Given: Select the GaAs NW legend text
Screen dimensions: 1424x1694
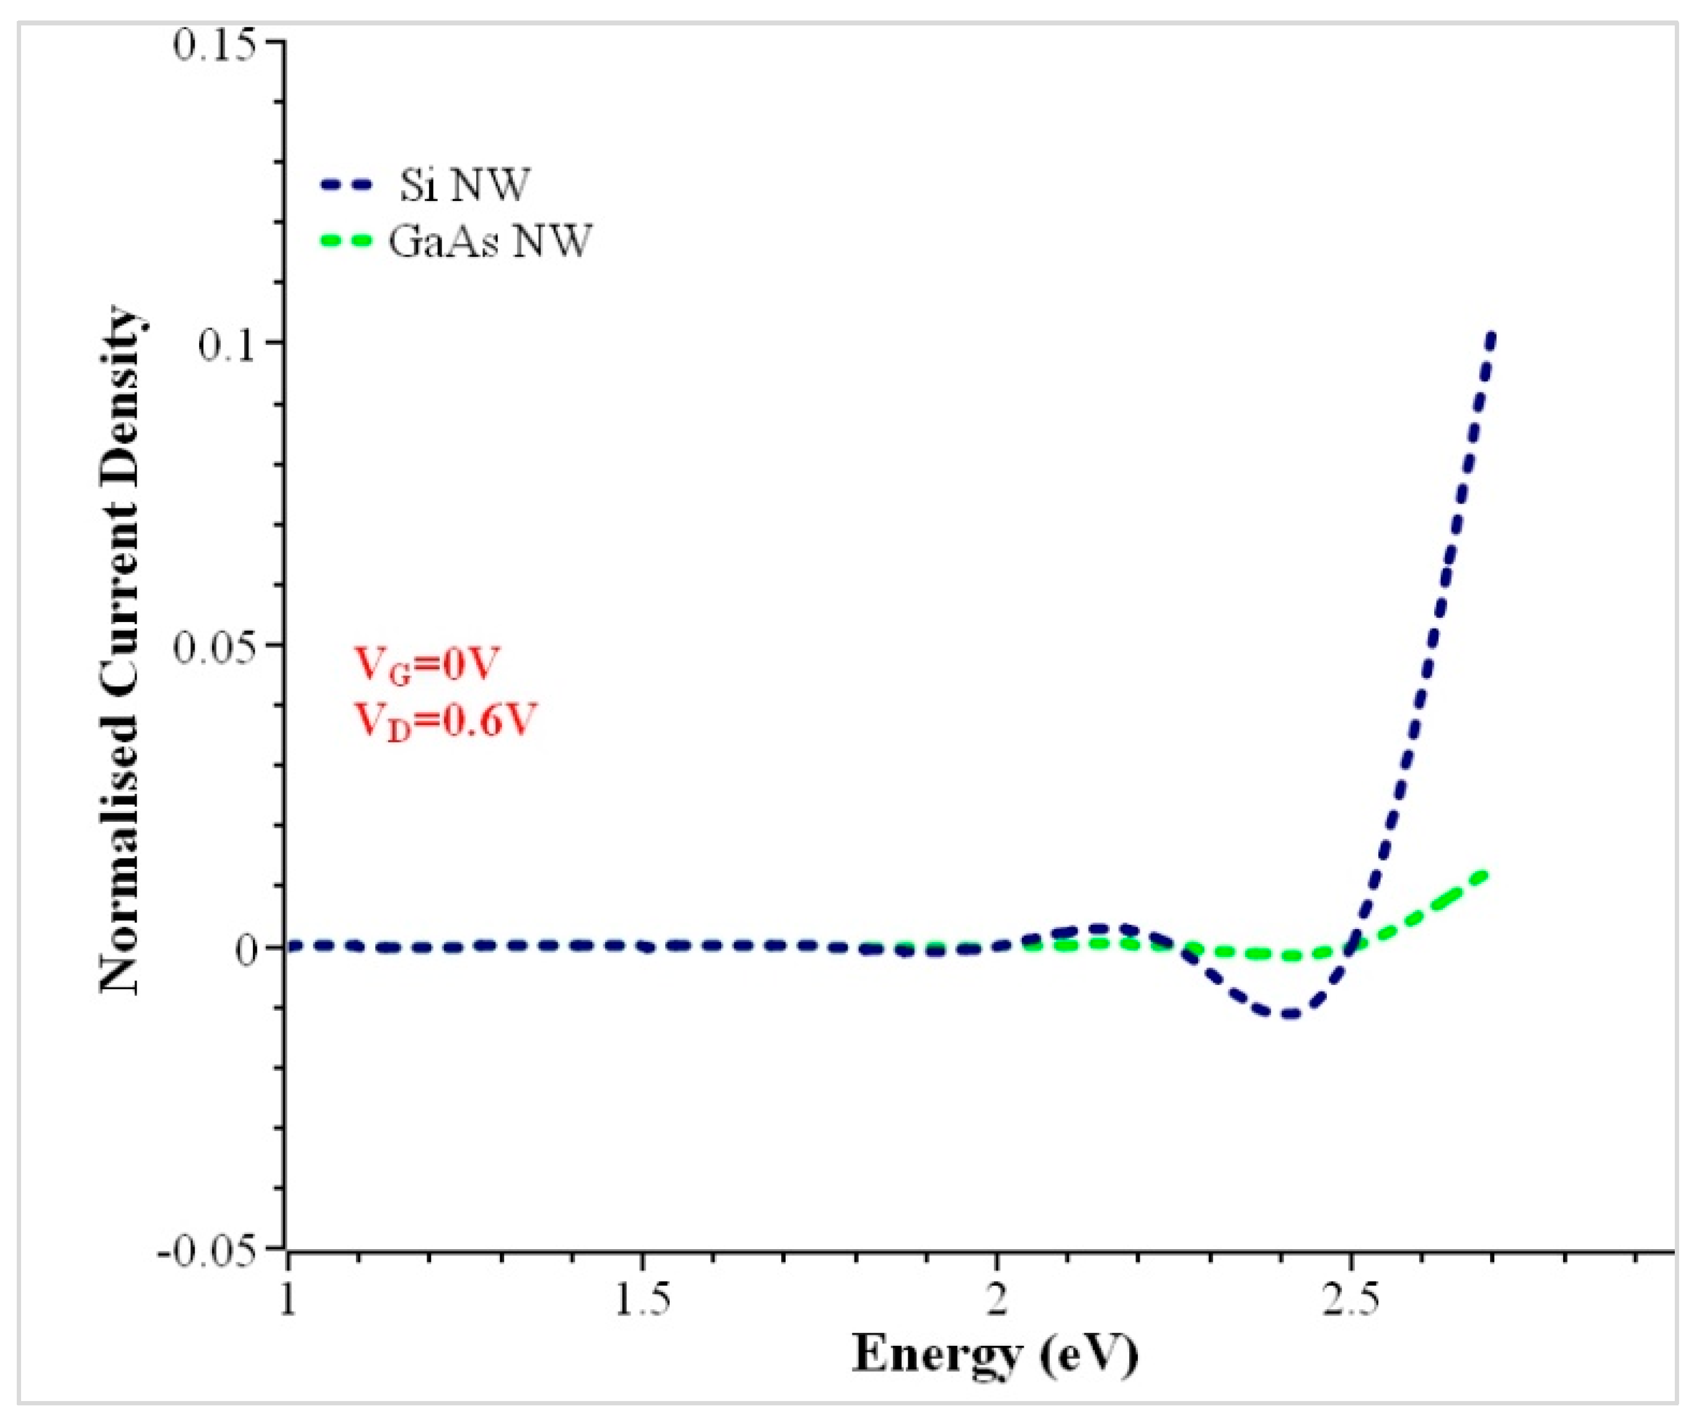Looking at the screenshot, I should pyautogui.click(x=490, y=241).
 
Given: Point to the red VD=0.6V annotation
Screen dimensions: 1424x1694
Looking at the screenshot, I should pyautogui.click(x=445, y=719).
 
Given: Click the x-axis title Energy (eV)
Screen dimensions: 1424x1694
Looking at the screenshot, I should pyautogui.click(x=995, y=1369).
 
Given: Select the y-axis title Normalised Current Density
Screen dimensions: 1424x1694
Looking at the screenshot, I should pyautogui.click(x=121, y=650).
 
